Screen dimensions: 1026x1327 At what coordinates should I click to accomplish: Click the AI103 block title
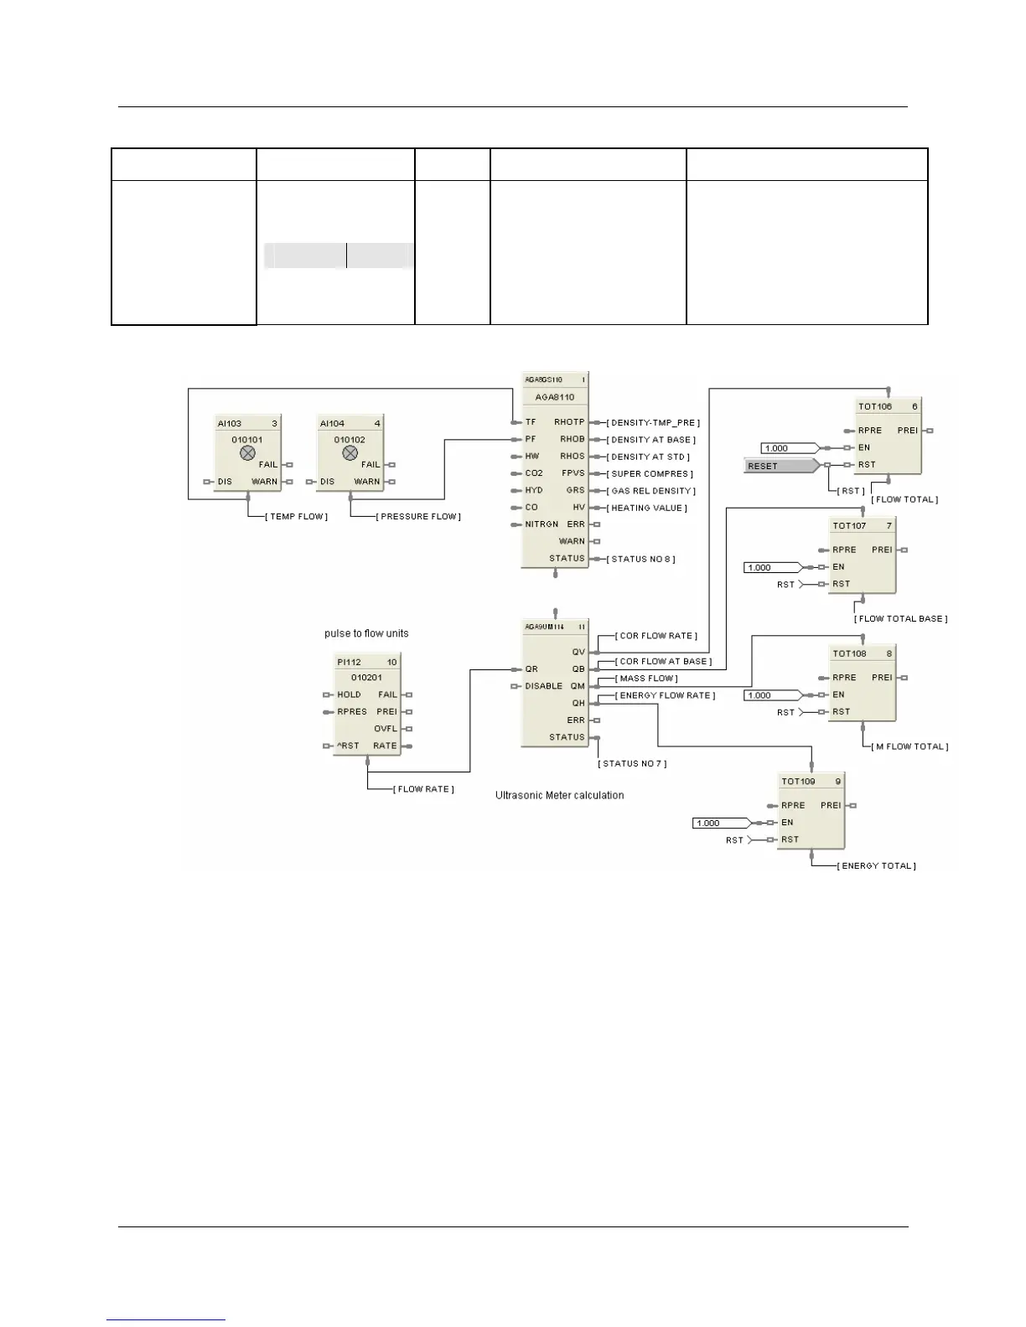click(x=230, y=423)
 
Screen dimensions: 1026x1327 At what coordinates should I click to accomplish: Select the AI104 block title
click(x=332, y=423)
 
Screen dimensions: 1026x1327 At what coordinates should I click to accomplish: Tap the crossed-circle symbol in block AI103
click(x=247, y=453)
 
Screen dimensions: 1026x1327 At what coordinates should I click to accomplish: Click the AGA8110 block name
click(x=555, y=397)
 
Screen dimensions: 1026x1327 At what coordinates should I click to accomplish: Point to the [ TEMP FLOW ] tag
click(x=296, y=517)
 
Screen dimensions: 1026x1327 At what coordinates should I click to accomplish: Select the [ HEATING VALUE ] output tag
click(x=648, y=508)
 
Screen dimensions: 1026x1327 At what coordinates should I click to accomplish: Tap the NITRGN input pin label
click(x=541, y=524)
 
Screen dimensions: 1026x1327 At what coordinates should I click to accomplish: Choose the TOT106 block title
click(x=875, y=406)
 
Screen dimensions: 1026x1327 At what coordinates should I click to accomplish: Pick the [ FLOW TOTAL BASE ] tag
click(x=900, y=619)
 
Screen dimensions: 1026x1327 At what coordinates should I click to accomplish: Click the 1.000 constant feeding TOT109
click(x=721, y=823)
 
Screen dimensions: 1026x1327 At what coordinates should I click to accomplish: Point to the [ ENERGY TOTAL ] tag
click(x=876, y=866)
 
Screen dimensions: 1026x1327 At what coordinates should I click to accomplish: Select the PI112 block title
click(x=349, y=662)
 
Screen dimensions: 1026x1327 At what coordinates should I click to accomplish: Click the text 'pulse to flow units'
click(x=366, y=633)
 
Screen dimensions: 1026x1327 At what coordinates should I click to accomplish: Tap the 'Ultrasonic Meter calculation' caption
click(x=559, y=795)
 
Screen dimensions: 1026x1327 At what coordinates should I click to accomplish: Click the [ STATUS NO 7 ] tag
click(x=632, y=764)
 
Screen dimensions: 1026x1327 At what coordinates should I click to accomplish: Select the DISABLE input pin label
click(x=544, y=686)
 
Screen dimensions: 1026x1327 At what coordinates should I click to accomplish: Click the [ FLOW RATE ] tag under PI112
click(x=423, y=789)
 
